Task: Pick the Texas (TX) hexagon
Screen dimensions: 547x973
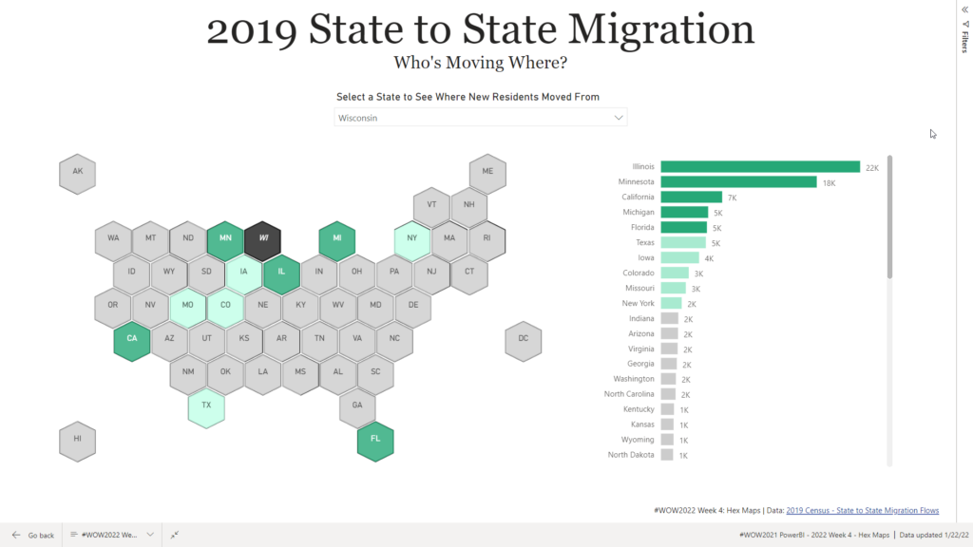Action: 206,406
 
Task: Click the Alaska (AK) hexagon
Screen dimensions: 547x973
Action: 77,174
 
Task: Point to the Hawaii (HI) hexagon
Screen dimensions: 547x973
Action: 77,441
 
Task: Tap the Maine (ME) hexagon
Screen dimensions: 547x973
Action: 487,174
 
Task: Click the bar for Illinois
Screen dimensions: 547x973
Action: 759,167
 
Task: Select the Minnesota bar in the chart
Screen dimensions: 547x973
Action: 738,182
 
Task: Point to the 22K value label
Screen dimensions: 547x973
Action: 872,167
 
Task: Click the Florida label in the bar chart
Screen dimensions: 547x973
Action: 638,228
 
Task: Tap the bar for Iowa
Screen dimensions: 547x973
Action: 679,258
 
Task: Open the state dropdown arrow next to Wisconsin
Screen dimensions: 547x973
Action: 620,118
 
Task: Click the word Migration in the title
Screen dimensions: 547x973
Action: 656,30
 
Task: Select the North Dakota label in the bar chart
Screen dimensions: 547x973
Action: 631,455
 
